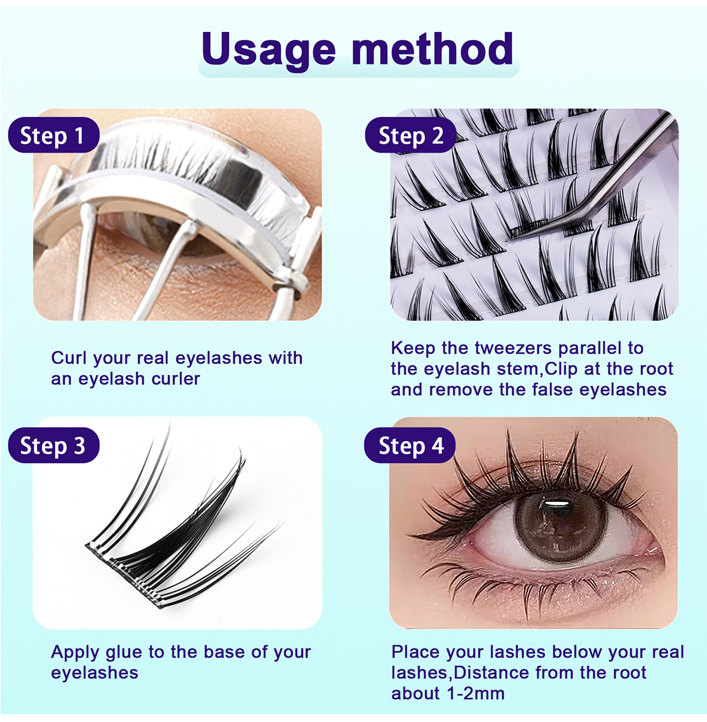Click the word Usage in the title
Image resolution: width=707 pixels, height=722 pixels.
click(269, 50)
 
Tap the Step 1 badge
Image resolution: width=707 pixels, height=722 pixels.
click(52, 136)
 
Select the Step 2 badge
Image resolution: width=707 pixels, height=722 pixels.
click(410, 136)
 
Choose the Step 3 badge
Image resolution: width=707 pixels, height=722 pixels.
click(52, 446)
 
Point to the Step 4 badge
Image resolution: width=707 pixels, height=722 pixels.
click(410, 446)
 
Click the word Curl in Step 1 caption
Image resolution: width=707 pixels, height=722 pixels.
click(69, 357)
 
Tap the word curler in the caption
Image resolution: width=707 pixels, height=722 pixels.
click(175, 378)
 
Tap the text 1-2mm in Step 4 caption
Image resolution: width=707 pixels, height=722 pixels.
click(475, 693)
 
